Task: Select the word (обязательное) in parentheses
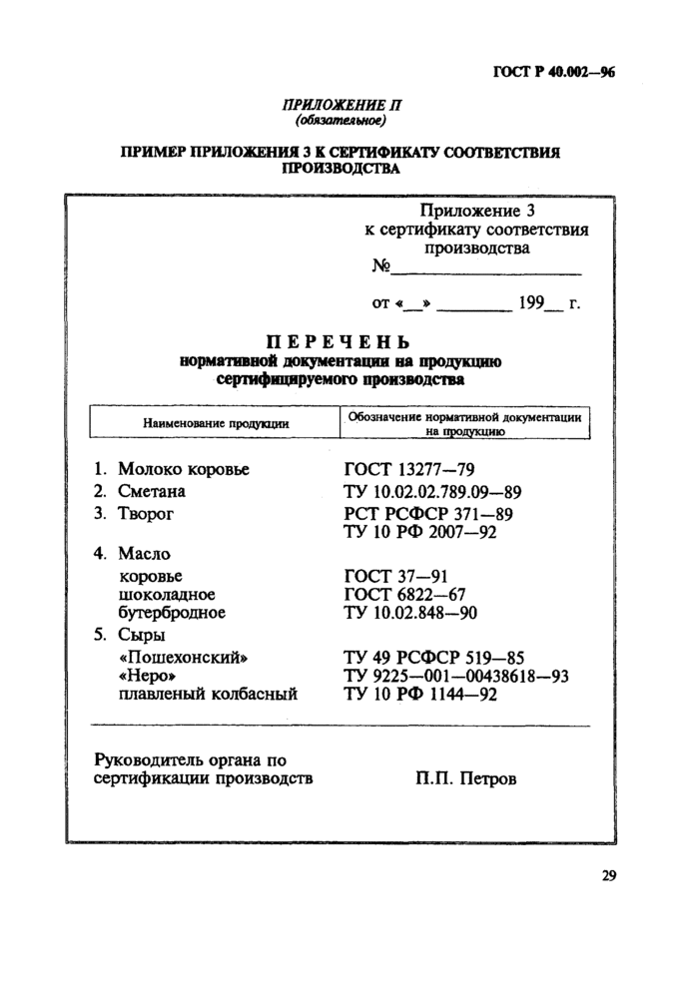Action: tap(340, 121)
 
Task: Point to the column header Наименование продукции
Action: tap(217, 423)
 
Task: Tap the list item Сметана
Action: tap(152, 491)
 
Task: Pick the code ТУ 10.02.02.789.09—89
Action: tap(432, 491)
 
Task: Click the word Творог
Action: tap(147, 514)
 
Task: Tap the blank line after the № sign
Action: tap(486, 270)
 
